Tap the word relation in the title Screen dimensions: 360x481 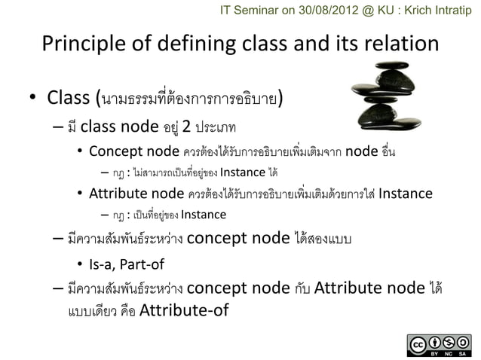[x=396, y=43]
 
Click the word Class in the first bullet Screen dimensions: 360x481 [x=69, y=99]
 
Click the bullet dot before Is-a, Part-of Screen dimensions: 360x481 [x=80, y=265]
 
